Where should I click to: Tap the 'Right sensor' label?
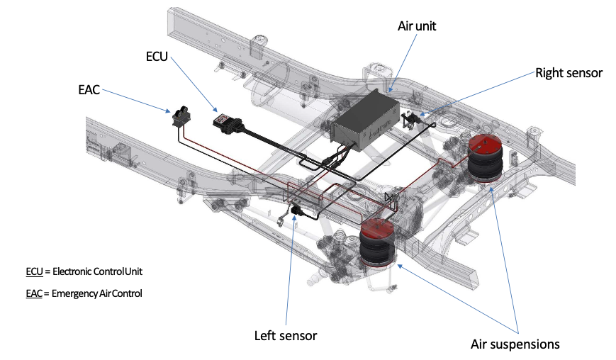click(x=569, y=72)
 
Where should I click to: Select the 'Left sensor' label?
click(x=286, y=334)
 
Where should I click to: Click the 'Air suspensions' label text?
click(x=515, y=344)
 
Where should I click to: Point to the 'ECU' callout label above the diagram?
click(x=156, y=56)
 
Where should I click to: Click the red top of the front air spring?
click(x=374, y=228)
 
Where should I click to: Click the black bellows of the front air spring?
click(x=376, y=252)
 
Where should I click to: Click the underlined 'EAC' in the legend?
click(x=35, y=293)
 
